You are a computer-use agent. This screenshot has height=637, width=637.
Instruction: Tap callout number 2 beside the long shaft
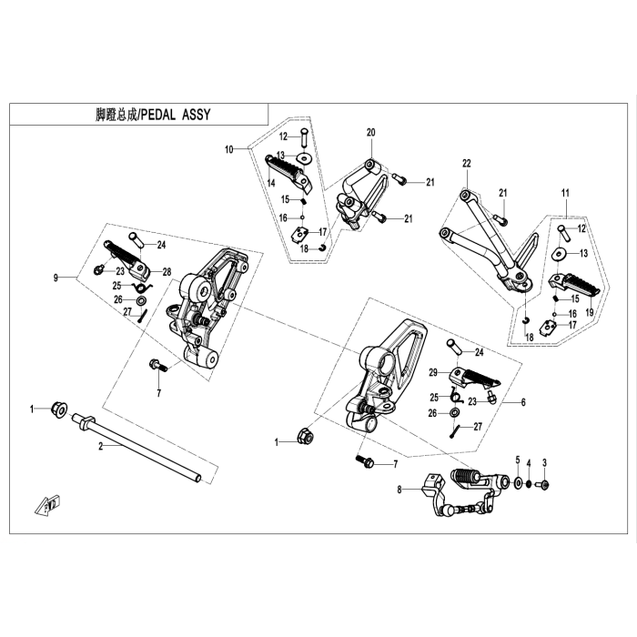[x=101, y=447]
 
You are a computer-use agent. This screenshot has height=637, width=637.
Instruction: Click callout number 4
[x=518, y=460]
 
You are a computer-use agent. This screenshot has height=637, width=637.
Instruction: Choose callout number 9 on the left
[x=56, y=276]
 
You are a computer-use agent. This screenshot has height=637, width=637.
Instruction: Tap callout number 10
[x=229, y=148]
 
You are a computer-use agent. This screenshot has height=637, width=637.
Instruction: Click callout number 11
[x=565, y=193]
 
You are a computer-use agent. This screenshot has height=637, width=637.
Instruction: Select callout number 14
[x=271, y=183]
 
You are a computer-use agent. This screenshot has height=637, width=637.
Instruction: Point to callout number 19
[x=590, y=312]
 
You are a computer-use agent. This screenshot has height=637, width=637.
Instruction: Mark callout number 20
[x=371, y=133]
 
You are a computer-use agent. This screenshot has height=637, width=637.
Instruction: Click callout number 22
[x=466, y=164]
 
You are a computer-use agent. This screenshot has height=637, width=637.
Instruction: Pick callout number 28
[x=167, y=272]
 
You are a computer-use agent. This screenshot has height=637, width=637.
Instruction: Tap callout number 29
[x=434, y=371]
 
